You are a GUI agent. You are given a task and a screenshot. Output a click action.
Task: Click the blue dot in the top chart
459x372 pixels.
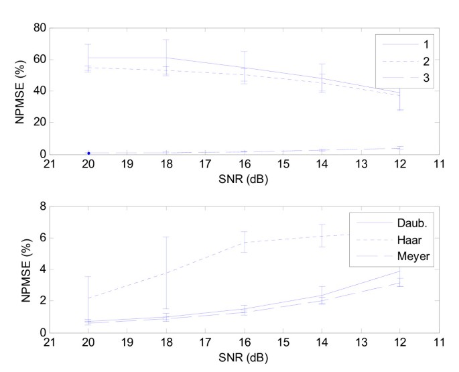click(88, 153)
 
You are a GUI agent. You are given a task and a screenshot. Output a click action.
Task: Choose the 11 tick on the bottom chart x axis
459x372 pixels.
click(439, 342)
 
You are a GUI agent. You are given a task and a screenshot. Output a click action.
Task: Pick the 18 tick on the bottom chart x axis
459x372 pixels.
click(166, 342)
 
